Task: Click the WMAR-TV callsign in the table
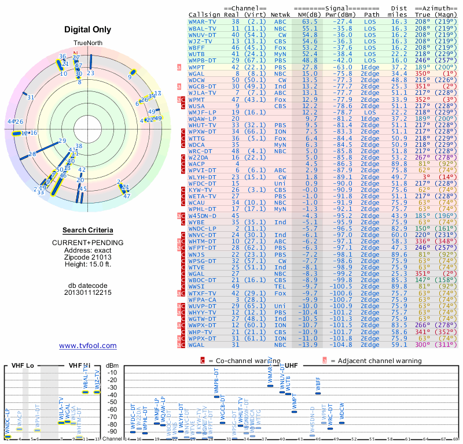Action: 203,21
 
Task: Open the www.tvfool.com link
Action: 88,346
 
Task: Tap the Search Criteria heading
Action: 87,230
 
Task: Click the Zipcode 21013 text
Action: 88,256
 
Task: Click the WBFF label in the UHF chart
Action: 318,383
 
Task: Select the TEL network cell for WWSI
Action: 280,286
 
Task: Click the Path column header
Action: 372,14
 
